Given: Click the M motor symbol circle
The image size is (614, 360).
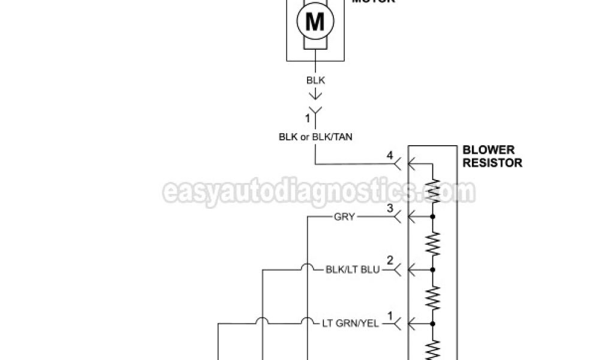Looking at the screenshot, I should tap(315, 23).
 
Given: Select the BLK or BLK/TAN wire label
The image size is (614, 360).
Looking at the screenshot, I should tap(315, 136).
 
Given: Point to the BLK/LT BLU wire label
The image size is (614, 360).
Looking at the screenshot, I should tap(353, 270).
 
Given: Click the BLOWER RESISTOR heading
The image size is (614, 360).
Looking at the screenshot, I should tap(492, 157).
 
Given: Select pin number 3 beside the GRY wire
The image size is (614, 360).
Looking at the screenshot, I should tap(390, 209).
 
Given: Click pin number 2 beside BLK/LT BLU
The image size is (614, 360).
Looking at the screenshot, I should tap(390, 262).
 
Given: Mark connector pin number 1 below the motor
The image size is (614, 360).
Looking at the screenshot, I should tap(308, 118).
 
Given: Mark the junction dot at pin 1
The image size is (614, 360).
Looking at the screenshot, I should tap(432, 324).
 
